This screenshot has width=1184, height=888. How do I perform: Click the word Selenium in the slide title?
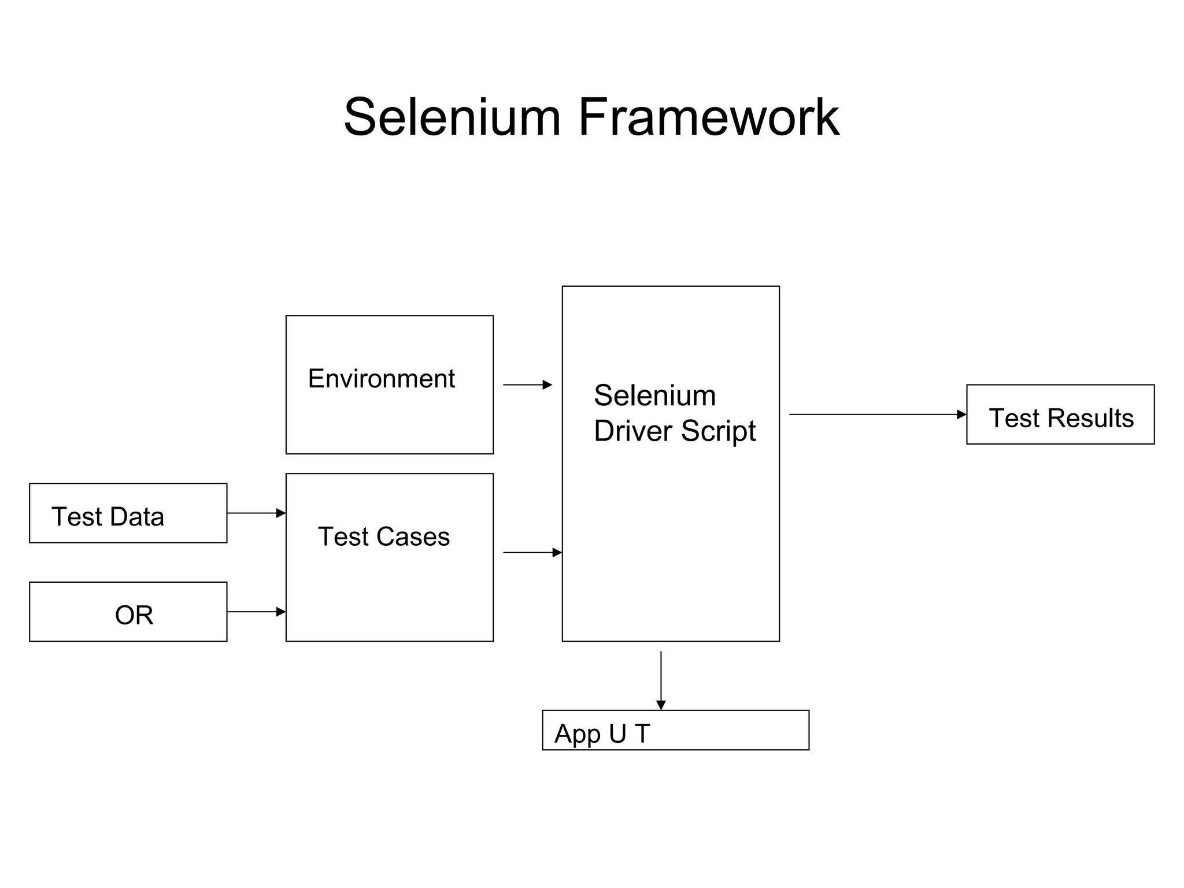[x=452, y=117]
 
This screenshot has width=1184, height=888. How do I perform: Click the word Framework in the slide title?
[x=708, y=117]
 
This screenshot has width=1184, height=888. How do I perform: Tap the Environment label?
[x=382, y=379]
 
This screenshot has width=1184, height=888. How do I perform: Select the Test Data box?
[x=128, y=513]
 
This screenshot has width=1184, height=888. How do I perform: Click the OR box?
[x=128, y=612]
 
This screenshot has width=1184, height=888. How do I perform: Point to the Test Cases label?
[x=384, y=536]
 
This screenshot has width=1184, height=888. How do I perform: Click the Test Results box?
[x=1060, y=415]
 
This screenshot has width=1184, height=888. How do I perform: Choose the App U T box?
[x=675, y=730]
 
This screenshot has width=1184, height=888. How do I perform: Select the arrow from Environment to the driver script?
[x=527, y=385]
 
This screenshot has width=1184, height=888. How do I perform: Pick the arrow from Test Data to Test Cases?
[x=256, y=513]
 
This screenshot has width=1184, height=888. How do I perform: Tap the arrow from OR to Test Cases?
[x=256, y=612]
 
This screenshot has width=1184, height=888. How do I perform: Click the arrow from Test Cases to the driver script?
[x=532, y=553]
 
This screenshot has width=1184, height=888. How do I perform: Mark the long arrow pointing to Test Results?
[x=878, y=415]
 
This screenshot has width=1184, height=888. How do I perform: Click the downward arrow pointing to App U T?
[x=661, y=680]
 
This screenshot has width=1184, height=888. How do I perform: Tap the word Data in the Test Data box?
[x=139, y=517]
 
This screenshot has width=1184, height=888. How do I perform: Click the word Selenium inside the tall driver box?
[x=654, y=396]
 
